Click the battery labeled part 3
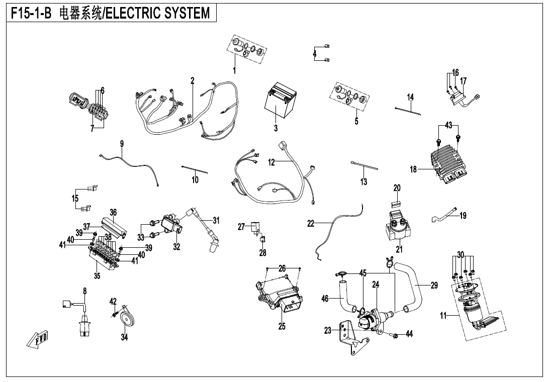click(280, 104)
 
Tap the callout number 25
click(282, 327)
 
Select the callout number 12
click(271, 162)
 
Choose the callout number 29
click(434, 285)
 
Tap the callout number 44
click(409, 334)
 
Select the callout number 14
click(410, 97)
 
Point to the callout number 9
click(122, 144)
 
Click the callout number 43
click(449, 125)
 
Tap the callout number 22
click(311, 224)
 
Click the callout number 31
click(216, 220)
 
